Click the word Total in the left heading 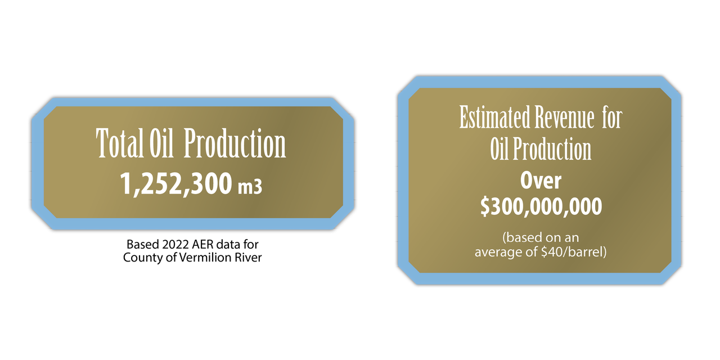pyautogui.click(x=120, y=143)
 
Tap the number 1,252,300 pyautogui.click(x=176, y=184)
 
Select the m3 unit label pyautogui.click(x=250, y=186)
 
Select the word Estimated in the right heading pyautogui.click(x=495, y=117)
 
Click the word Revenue pyautogui.click(x=564, y=117)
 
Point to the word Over pyautogui.click(x=541, y=181)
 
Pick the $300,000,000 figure pyautogui.click(x=541, y=206)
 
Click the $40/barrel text pyautogui.click(x=574, y=252)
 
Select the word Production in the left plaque pyautogui.click(x=235, y=143)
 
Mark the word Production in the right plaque pyautogui.click(x=552, y=149)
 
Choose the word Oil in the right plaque pyautogui.click(x=500, y=149)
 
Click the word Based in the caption pyautogui.click(x=143, y=245)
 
